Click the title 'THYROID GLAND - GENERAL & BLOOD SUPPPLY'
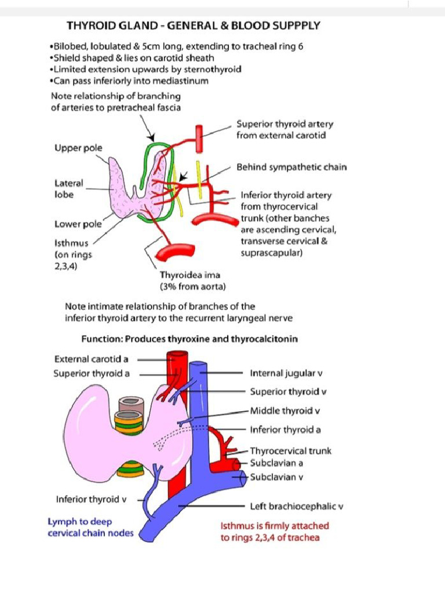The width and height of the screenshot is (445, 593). click(x=194, y=25)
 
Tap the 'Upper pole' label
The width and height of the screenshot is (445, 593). click(x=78, y=148)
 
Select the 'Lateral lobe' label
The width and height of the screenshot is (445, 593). click(x=68, y=189)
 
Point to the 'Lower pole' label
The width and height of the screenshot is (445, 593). click(x=78, y=224)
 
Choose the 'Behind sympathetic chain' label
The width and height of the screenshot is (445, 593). click(x=291, y=167)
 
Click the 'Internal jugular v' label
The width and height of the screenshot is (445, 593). click(x=287, y=374)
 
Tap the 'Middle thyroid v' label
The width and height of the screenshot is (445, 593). click(x=285, y=411)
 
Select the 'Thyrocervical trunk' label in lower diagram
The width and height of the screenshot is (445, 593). click(x=290, y=451)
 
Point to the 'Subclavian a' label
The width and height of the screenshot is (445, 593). click(x=276, y=463)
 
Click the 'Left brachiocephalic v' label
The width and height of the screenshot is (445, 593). click(x=297, y=506)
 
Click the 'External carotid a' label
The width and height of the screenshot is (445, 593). click(x=91, y=359)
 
